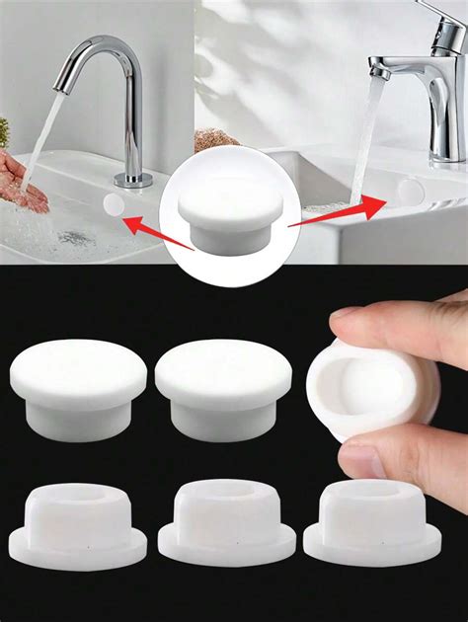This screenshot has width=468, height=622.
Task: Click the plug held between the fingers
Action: [x=367, y=388]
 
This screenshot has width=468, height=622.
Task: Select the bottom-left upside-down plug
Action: [x=79, y=523]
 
